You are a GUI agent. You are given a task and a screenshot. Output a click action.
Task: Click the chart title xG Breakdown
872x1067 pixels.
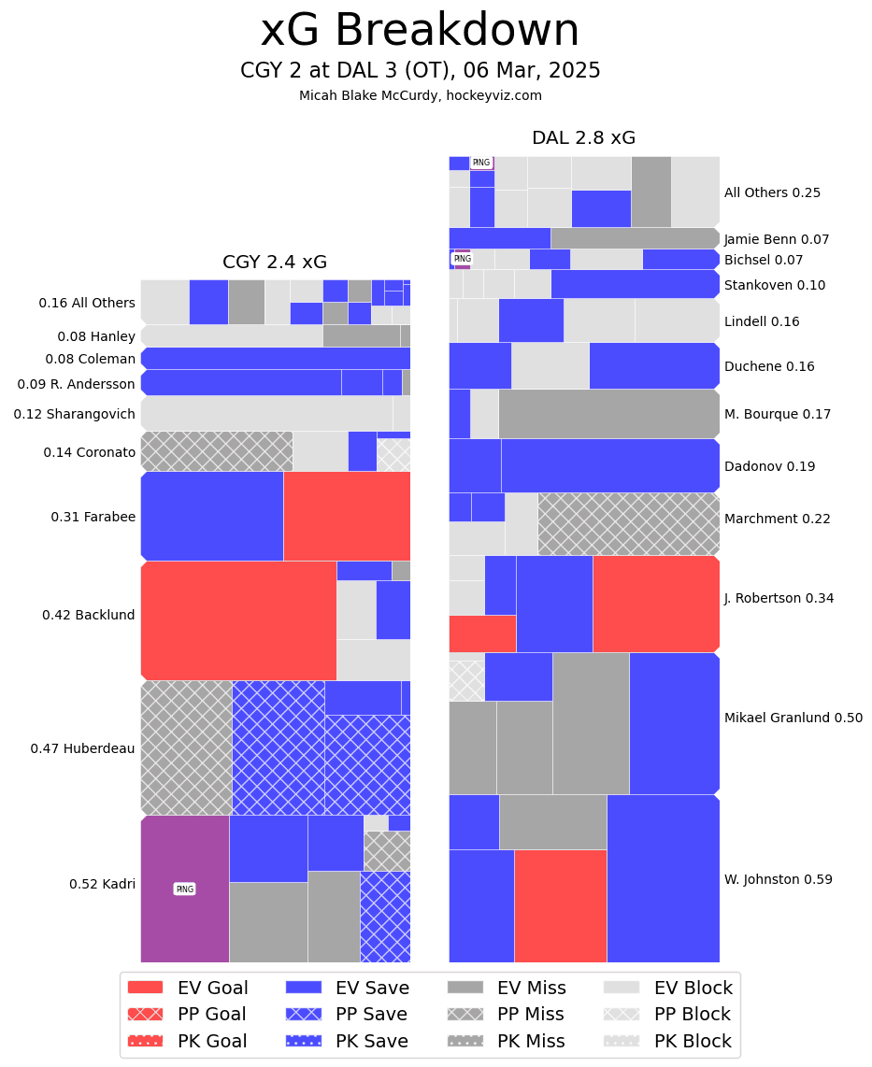tap(420, 32)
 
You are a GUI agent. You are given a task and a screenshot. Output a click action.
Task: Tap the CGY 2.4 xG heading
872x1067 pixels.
tap(274, 263)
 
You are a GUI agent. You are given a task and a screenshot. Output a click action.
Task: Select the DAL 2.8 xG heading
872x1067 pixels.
tap(583, 138)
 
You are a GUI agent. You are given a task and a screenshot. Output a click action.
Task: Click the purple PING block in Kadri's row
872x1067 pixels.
tap(185, 889)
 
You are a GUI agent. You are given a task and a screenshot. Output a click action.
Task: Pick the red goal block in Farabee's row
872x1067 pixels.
tap(347, 516)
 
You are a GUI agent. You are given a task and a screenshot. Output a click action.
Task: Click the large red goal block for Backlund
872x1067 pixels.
tap(238, 619)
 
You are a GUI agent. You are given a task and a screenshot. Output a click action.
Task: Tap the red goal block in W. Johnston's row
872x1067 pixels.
tap(560, 905)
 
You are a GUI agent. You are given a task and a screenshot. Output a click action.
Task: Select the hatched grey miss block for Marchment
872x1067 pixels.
tap(628, 523)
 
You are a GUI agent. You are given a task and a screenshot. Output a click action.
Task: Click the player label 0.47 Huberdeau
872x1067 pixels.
tap(82, 748)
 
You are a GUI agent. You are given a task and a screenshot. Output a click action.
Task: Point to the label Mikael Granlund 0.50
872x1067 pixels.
tap(793, 718)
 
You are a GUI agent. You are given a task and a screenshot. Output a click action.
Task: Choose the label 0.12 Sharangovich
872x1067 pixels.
tap(75, 414)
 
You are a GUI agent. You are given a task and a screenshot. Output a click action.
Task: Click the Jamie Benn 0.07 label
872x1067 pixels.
tap(777, 239)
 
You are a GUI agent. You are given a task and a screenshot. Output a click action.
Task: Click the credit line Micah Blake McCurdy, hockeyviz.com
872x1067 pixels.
tap(420, 95)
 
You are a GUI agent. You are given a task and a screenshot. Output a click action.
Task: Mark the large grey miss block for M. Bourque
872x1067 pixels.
tap(608, 414)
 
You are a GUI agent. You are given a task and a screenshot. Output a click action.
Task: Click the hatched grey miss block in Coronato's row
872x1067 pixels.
tap(216, 451)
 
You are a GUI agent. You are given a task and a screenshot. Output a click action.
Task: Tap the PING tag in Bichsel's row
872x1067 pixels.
tap(462, 259)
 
